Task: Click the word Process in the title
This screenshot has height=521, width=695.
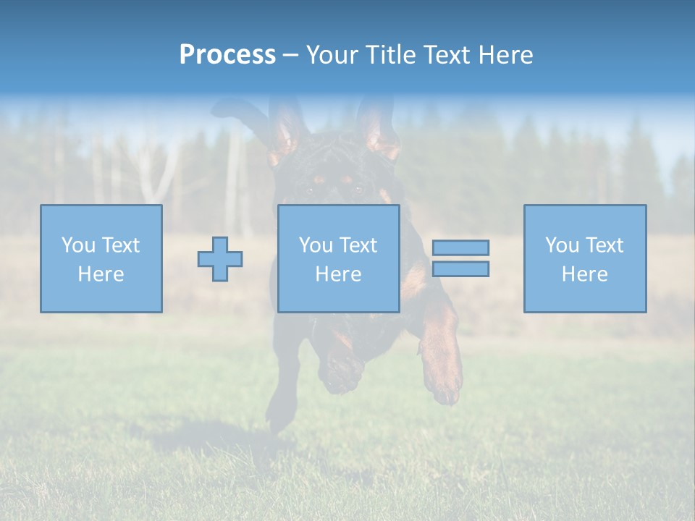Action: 227,55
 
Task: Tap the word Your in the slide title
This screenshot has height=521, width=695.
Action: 334,55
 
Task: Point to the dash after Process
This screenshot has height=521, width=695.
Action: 290,56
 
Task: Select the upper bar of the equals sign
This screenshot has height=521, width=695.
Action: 460,247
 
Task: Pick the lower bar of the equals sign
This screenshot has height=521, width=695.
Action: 460,269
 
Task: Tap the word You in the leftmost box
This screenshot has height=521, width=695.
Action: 77,245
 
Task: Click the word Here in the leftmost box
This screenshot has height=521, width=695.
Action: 101,274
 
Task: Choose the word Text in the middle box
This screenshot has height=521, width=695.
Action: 358,245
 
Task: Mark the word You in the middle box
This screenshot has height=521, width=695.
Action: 315,245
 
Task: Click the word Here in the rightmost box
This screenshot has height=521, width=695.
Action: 584,274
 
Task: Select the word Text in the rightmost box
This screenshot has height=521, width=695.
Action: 604,245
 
